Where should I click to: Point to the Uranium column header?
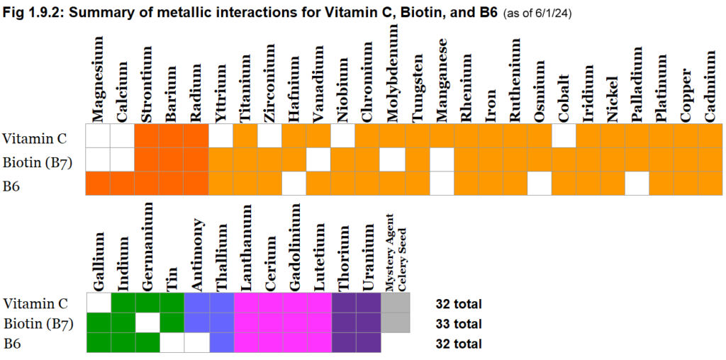369,261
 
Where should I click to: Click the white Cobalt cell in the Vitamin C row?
564,136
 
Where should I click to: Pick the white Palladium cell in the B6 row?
637,184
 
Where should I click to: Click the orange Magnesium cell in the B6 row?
98,184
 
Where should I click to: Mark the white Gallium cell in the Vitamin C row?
98,304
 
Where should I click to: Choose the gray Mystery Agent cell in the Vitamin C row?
394,304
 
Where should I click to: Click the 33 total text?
458,324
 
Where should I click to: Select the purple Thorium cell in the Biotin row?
345,324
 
